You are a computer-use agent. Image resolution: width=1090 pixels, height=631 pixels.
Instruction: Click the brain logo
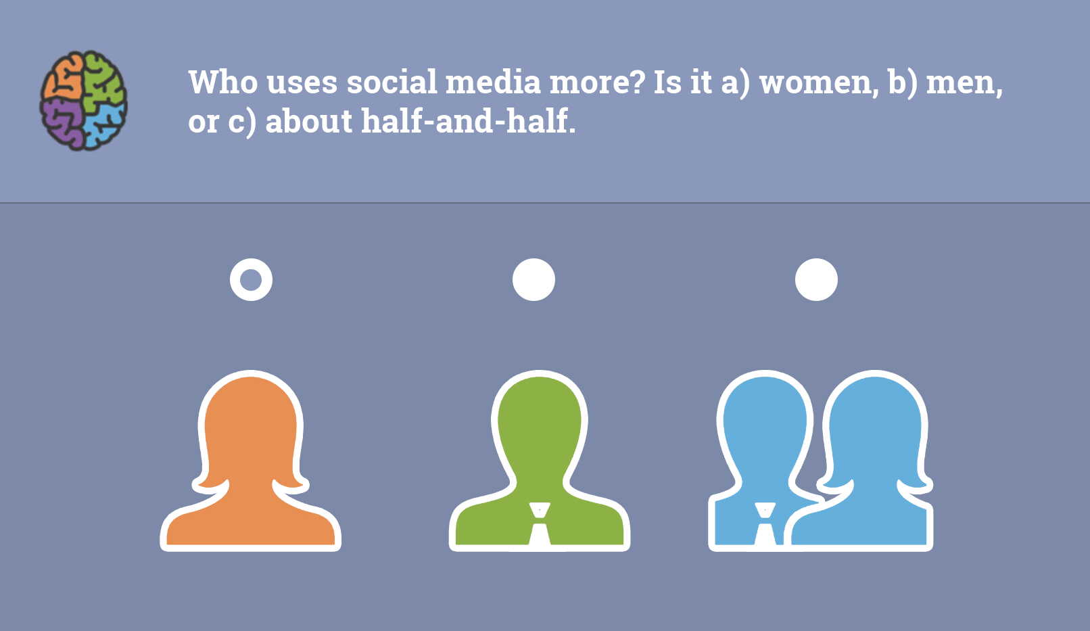[83, 100]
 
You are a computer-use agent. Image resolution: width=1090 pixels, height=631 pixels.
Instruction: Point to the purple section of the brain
[62, 122]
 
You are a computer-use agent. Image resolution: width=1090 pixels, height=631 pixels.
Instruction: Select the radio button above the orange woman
[251, 279]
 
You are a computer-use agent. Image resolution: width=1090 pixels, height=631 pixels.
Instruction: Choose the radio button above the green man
[534, 279]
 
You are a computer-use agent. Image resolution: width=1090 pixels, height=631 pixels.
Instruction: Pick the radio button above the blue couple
[817, 279]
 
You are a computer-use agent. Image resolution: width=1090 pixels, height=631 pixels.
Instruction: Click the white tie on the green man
[540, 524]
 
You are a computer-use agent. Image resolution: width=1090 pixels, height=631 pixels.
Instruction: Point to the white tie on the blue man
[765, 524]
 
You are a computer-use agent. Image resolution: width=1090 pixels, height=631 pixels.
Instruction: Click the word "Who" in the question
[223, 82]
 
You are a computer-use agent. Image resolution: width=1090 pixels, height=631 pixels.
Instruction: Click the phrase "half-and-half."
[469, 121]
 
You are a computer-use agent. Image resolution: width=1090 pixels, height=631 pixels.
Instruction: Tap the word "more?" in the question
[597, 82]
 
